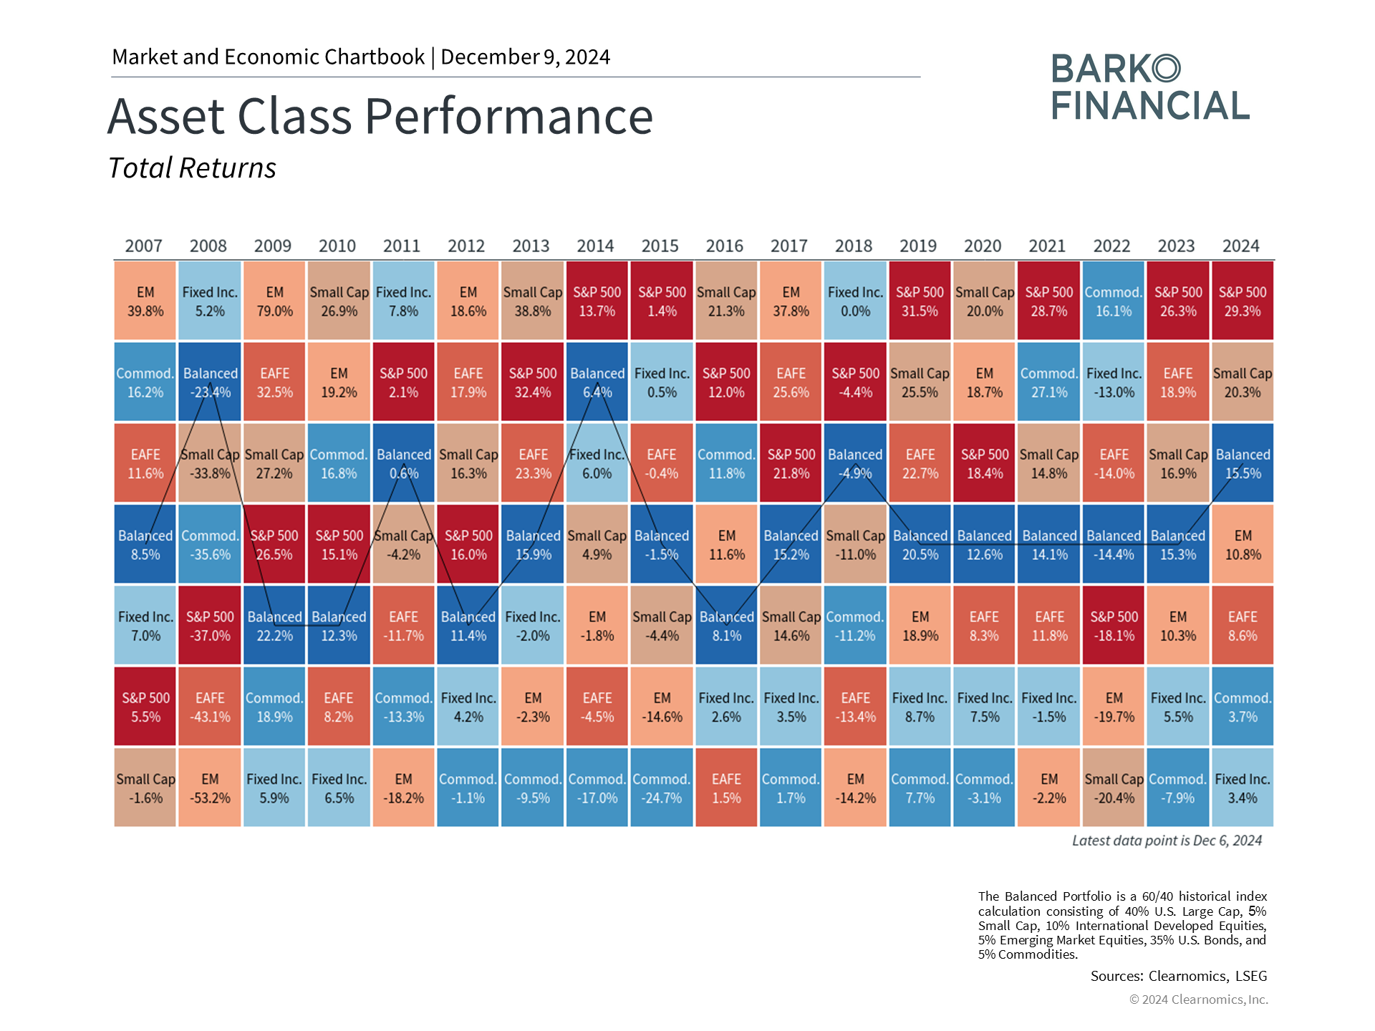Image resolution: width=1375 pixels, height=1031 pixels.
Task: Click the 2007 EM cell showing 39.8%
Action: [145, 301]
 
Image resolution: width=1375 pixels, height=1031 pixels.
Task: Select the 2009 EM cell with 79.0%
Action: [274, 301]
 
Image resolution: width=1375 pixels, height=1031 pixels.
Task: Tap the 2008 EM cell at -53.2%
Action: [210, 788]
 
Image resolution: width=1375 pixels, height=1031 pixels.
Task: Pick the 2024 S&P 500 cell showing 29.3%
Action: [1243, 301]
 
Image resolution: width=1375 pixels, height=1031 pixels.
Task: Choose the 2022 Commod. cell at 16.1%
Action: [1114, 301]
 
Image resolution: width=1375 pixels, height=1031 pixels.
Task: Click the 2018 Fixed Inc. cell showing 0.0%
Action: [855, 301]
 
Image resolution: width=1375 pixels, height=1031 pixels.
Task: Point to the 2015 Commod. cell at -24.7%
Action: [662, 788]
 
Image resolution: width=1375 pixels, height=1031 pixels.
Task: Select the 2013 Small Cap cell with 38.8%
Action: [533, 301]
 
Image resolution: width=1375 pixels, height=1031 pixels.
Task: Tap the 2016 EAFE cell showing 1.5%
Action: [726, 788]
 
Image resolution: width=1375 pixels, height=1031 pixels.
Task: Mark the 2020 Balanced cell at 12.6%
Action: [985, 544]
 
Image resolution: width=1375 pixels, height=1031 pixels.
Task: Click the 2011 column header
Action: [402, 246]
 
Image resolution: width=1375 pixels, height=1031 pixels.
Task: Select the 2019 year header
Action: [918, 246]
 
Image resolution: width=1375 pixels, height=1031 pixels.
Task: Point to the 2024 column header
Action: [1241, 246]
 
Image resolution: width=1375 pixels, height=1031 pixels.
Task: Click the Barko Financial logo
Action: [1150, 87]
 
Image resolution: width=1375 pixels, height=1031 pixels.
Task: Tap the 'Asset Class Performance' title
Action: [380, 116]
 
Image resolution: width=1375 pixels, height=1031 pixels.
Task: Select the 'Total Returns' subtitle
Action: [192, 168]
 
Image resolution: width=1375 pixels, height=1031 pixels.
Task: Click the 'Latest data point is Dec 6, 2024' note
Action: [1167, 841]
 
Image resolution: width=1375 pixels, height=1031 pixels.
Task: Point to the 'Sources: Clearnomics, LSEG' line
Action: [1179, 976]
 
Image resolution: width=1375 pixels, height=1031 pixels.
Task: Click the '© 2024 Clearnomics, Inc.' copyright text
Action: [1199, 999]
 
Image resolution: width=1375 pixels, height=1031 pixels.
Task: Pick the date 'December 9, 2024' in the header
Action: [526, 57]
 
